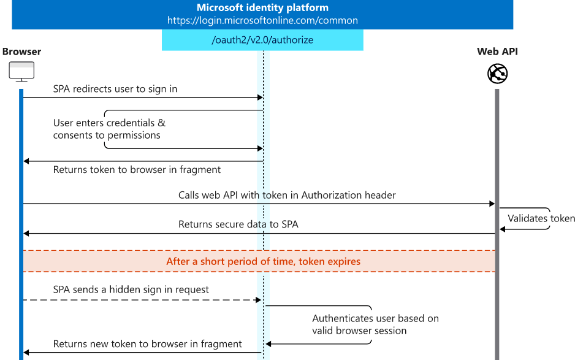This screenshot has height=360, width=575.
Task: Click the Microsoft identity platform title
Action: (262, 8)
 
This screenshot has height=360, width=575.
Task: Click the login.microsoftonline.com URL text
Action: (262, 20)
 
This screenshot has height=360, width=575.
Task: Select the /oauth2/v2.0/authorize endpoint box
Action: (262, 40)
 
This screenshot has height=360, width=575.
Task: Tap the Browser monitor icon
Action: (21, 72)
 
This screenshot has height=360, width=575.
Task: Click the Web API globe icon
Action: (497, 74)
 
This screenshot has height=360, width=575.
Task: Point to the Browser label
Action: (22, 52)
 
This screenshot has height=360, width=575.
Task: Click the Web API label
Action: (497, 52)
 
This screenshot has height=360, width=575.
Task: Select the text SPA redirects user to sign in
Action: (115, 89)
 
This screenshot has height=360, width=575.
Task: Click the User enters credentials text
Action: (109, 123)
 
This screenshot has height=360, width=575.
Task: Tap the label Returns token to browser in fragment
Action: (137, 170)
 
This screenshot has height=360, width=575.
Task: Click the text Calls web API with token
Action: (287, 195)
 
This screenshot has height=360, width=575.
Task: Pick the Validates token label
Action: (541, 218)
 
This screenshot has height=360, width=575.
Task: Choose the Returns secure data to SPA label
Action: (238, 224)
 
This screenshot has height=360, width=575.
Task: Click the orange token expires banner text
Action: (263, 261)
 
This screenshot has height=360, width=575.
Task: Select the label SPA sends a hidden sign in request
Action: (131, 289)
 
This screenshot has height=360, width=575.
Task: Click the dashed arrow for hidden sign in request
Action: (141, 300)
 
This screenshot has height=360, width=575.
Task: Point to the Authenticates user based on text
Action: (375, 318)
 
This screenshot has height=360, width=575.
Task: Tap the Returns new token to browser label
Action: (147, 344)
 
